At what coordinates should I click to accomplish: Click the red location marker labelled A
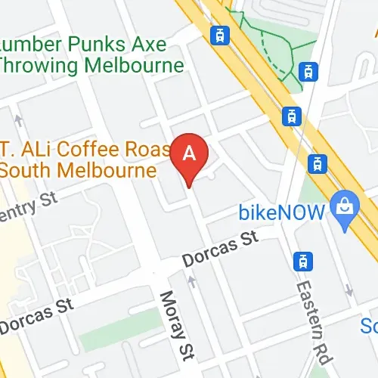click(x=190, y=154)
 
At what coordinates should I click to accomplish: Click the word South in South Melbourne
click(x=23, y=170)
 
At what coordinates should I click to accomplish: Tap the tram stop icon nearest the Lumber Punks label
click(x=220, y=35)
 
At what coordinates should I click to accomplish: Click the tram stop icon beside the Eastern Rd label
click(x=303, y=262)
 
